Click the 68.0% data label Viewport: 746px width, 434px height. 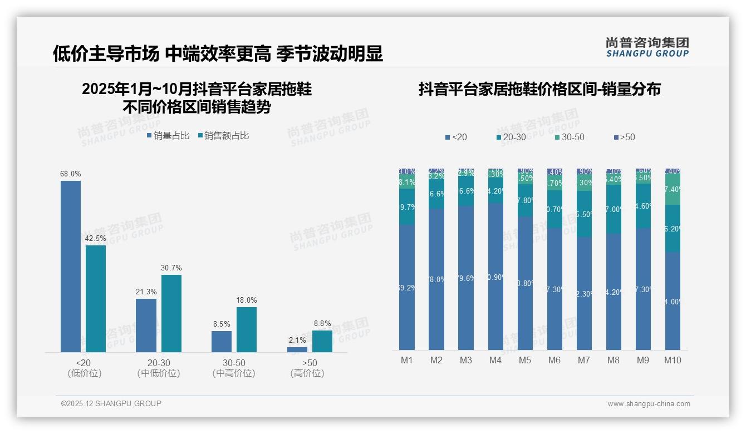[x=71, y=174]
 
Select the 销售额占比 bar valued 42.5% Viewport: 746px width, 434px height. [x=96, y=299]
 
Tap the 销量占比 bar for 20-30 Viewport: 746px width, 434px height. [x=146, y=325]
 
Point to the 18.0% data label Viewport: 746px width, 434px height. [x=247, y=300]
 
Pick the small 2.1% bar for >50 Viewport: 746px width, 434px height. [x=297, y=349]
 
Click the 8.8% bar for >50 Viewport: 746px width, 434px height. [x=322, y=341]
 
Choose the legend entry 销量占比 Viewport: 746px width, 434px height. [x=168, y=136]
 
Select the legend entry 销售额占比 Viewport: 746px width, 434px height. [x=223, y=136]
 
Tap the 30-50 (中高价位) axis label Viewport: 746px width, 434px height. [x=234, y=368]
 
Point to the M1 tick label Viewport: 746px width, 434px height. [x=407, y=360]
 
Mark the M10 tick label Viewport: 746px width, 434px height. [x=673, y=360]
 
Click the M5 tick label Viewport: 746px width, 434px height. [x=525, y=360]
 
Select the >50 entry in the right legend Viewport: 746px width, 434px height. [x=624, y=137]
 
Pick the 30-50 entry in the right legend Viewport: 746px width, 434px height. [x=569, y=137]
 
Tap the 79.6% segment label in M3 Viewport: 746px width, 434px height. [x=466, y=278]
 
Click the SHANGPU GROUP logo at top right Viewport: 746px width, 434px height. [x=647, y=47]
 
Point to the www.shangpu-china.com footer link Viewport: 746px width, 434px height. [x=649, y=404]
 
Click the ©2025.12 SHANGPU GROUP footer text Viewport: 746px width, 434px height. [x=111, y=403]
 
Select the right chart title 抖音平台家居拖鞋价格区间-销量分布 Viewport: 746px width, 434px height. [x=539, y=90]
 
